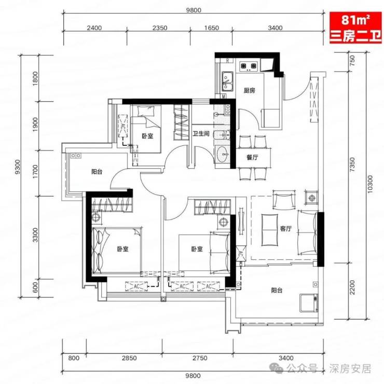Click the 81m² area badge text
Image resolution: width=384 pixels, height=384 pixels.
(x=355, y=20)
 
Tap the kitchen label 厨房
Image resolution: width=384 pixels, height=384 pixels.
(x=249, y=91)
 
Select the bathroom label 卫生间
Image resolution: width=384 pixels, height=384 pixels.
(x=201, y=134)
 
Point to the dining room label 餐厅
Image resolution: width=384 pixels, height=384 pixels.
(x=252, y=157)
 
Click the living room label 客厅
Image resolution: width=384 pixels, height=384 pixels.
(x=285, y=229)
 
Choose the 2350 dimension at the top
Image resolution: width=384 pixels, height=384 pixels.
(x=160, y=28)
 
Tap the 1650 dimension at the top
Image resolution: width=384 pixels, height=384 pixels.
(x=212, y=28)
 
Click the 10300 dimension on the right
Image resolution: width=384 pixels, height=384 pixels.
(x=370, y=184)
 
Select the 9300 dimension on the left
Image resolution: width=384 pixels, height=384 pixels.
(x=18, y=167)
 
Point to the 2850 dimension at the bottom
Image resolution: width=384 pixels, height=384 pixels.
(x=129, y=358)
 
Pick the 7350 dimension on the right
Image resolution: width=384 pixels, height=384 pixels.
(x=352, y=164)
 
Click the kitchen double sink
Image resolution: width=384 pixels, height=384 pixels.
(x=227, y=81)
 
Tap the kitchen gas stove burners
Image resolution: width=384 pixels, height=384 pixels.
(x=249, y=66)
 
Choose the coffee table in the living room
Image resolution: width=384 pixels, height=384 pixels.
(x=270, y=230)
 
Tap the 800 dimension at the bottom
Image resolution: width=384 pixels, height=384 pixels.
(x=74, y=358)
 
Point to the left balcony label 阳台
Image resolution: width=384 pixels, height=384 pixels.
(x=97, y=172)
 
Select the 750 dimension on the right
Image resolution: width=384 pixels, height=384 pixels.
(x=352, y=60)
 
